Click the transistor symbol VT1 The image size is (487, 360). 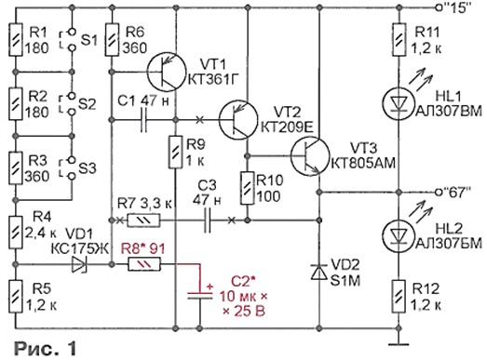pos(167,72)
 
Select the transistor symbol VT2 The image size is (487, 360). pos(238,120)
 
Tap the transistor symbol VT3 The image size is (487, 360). pos(310,155)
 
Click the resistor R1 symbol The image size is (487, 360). pos(16,40)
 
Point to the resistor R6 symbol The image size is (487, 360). pos(112,40)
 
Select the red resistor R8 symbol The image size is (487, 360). pos(144,264)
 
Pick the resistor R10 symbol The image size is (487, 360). pos(248,189)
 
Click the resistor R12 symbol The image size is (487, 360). pos(399,297)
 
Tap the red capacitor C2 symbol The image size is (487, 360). pos(200,295)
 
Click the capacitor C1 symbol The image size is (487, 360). pos(143,120)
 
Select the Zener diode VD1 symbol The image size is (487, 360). pos(79,264)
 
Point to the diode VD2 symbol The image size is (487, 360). pos(319,273)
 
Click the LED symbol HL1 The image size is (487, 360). pos(399,101)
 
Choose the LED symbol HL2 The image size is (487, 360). pos(399,234)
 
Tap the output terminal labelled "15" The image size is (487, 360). pos(439,8)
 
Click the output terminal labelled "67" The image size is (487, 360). pos(439,193)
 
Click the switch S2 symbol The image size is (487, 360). pos(72,104)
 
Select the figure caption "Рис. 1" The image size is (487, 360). pos(46,348)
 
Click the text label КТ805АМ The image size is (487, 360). pos(363,163)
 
